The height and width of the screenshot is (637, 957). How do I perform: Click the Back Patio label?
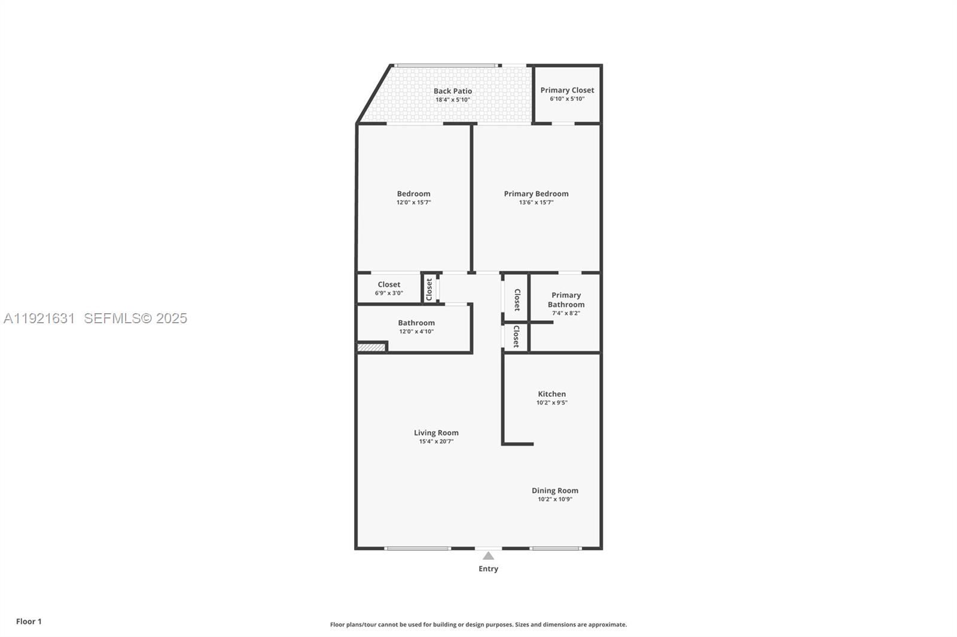click(453, 91)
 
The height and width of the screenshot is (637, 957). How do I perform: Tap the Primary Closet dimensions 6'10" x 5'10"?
click(567, 99)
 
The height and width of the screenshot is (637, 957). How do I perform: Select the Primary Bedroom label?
click(536, 194)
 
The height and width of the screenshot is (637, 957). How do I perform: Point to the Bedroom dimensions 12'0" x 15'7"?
click(413, 203)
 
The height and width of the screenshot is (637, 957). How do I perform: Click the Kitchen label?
click(551, 394)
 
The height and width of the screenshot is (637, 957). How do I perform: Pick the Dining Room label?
click(554, 491)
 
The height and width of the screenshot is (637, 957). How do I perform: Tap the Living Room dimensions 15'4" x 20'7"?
click(436, 442)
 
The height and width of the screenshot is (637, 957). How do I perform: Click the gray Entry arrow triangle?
click(489, 556)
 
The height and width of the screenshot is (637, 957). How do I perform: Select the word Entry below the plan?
click(488, 569)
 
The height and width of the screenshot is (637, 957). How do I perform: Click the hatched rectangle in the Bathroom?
click(371, 347)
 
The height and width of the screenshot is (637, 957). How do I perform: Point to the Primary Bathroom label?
click(566, 299)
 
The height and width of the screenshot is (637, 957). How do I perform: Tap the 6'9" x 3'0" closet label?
click(389, 293)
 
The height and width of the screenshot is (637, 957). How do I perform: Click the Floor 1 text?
click(29, 621)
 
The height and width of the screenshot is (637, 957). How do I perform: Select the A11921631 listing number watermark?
click(39, 318)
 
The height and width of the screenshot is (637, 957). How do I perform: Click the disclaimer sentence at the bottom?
click(478, 624)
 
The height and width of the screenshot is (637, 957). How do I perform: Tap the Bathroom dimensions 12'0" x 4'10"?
click(416, 332)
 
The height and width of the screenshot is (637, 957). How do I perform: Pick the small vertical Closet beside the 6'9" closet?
click(429, 290)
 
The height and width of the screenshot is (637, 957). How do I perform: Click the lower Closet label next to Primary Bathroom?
click(516, 336)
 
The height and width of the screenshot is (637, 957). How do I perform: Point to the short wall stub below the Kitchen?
click(518, 444)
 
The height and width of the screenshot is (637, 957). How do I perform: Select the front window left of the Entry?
click(417, 548)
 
